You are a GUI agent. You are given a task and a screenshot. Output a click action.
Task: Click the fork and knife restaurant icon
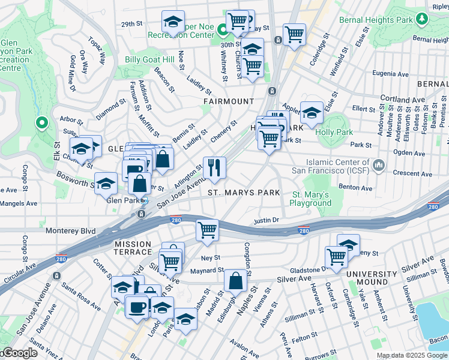point(214,168)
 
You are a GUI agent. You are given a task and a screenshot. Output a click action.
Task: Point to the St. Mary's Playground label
point(312,199)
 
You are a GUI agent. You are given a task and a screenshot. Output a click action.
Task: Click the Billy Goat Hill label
point(149,59)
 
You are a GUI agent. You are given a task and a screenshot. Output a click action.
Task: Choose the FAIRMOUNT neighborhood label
point(228,101)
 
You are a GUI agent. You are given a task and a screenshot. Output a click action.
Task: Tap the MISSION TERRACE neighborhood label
point(136,244)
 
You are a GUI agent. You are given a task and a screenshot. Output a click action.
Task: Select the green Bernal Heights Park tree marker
point(423,19)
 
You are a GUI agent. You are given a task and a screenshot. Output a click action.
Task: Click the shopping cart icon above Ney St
point(207,230)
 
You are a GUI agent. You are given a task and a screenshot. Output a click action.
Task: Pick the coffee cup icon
point(137,307)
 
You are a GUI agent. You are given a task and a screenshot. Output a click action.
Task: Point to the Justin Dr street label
point(267,220)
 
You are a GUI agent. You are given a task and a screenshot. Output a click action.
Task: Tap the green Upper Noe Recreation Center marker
point(221,29)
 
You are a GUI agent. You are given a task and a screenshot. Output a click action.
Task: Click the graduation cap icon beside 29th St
point(173,22)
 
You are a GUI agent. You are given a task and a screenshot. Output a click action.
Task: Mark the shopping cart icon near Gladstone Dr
point(336,257)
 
